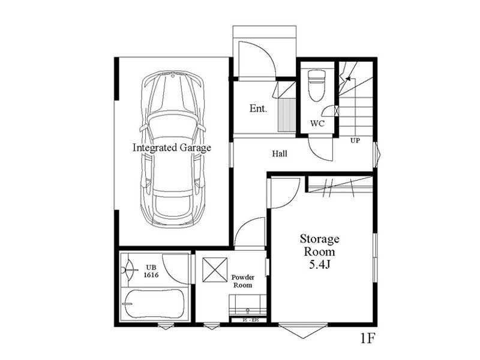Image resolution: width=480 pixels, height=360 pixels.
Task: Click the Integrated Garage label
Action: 172,148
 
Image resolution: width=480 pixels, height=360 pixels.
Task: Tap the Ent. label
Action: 258,109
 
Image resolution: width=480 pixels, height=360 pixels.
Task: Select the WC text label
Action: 317,124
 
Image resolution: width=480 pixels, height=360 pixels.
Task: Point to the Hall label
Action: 280,154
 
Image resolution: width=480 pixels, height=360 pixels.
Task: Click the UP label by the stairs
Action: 355,140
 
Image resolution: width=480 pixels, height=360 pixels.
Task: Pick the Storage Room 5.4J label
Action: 319,251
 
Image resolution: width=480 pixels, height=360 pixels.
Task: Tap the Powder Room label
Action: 243,281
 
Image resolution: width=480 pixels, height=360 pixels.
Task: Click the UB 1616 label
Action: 151,271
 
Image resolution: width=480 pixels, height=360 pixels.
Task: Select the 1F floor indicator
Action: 367,338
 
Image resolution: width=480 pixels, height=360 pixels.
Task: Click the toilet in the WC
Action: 317,86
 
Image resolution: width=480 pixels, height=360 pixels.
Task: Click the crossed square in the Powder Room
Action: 215,269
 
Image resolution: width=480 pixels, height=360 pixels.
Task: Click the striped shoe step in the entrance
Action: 287,115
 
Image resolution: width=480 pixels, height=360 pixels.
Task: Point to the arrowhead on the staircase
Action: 348,79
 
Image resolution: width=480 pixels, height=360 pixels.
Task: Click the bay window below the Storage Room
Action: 303,331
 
